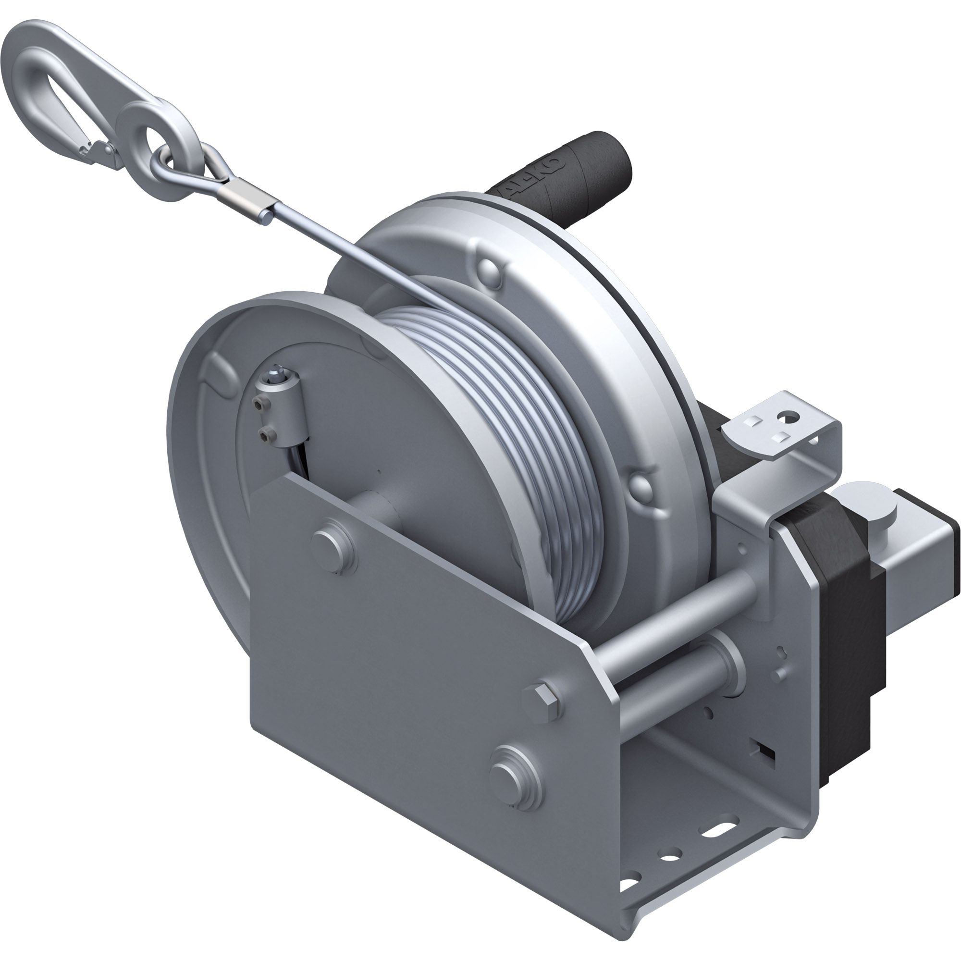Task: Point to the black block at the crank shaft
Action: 846,641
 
